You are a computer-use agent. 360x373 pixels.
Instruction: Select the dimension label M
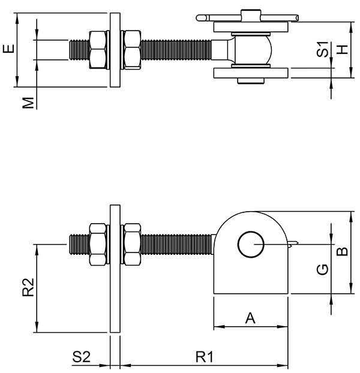[x=28, y=104]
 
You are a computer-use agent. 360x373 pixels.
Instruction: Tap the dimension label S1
[x=322, y=50]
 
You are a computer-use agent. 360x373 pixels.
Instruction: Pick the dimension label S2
[x=82, y=357]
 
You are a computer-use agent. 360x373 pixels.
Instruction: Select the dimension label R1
[x=205, y=357]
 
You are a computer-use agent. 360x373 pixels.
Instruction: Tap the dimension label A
[x=251, y=318]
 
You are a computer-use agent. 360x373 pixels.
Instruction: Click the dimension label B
[x=341, y=252]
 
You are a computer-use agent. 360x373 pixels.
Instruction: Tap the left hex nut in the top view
[x=98, y=49]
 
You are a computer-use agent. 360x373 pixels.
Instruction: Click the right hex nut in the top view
[x=131, y=49]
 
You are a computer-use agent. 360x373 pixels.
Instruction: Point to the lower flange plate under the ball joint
[x=252, y=75]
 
